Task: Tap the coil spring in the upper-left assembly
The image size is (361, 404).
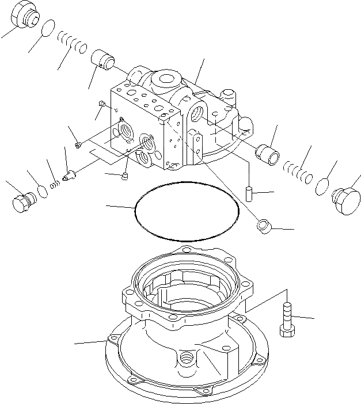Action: point(73,42)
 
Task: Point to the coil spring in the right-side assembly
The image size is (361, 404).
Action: point(298,171)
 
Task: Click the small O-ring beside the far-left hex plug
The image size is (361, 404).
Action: point(42,190)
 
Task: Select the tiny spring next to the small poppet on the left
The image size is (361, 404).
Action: point(55,184)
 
